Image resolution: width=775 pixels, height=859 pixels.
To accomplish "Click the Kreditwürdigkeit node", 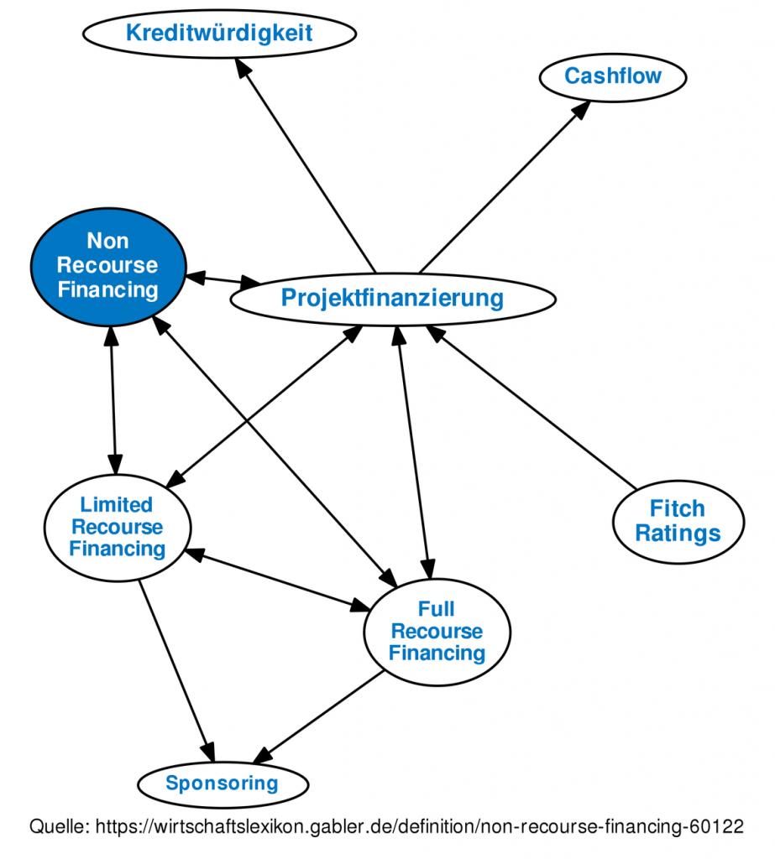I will point(218,34).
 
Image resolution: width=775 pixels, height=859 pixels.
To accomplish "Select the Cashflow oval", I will point(612,76).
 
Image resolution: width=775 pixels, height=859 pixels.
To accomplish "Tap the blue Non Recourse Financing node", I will point(108,266).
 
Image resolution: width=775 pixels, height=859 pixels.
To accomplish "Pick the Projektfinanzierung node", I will point(392,298).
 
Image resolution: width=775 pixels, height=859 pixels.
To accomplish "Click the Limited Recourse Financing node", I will point(117,527).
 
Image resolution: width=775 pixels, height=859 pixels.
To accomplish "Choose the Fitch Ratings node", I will point(678,521).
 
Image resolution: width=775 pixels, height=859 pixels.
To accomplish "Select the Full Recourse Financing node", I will point(437,631).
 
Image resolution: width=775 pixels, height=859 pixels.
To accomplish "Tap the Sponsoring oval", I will point(221,784).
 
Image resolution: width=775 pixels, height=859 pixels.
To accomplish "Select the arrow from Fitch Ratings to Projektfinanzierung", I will point(534,409).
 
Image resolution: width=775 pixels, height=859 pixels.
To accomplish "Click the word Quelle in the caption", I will point(60,827).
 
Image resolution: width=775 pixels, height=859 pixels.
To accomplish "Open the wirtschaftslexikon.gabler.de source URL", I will point(420,827).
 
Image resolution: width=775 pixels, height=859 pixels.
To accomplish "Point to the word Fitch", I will point(677,508).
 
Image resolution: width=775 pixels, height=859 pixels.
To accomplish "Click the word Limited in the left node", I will point(116,505).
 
